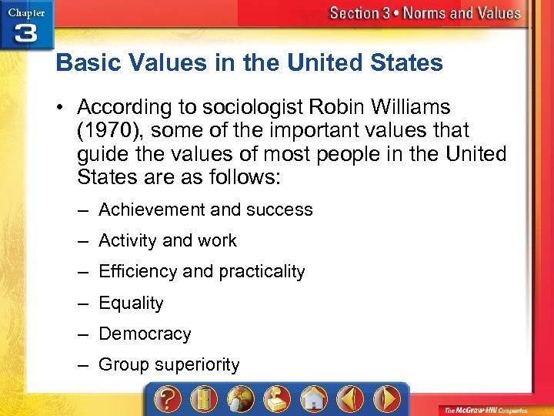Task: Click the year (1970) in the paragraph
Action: (103, 132)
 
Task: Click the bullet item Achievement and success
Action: (205, 210)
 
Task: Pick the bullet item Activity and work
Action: (168, 240)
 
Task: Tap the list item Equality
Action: (131, 303)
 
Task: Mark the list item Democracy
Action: (145, 334)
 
